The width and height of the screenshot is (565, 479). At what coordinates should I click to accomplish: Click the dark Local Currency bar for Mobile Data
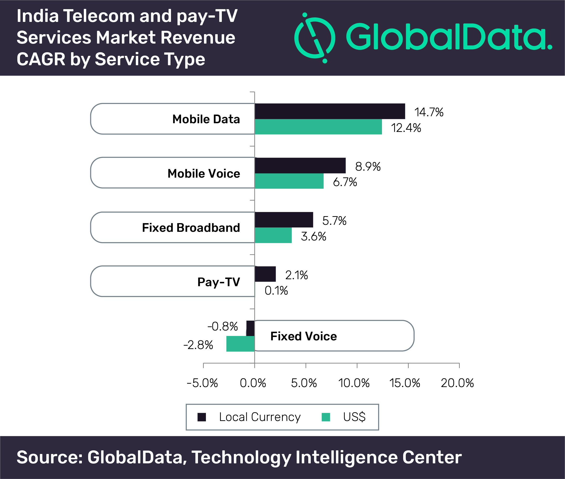pos(330,111)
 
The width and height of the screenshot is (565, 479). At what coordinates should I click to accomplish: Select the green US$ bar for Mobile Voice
pos(289,181)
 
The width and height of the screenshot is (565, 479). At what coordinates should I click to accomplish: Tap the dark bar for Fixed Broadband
pos(284,220)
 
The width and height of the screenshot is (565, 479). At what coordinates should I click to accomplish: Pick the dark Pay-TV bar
pos(265,274)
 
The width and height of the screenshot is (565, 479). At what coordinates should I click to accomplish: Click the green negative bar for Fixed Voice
pos(240,344)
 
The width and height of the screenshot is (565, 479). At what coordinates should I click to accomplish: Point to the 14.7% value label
pos(429,112)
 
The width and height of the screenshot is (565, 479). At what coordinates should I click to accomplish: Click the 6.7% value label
pos(345,182)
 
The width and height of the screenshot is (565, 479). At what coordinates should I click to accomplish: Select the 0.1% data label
pos(276,291)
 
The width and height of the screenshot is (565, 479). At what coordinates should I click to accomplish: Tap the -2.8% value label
pos(198,345)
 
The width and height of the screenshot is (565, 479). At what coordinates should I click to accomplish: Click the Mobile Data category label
pos(206,119)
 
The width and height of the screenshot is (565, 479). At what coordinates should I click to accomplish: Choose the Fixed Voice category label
pos(304,336)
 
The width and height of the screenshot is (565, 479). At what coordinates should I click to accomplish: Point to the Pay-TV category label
pos(219,282)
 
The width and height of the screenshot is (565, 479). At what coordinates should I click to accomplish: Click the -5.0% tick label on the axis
pos(202,383)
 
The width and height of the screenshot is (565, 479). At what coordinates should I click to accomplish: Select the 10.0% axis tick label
pos(354,383)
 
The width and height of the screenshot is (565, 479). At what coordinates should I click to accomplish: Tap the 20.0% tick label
pos(457,383)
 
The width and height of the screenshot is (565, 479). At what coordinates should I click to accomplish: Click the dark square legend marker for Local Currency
pos(202,417)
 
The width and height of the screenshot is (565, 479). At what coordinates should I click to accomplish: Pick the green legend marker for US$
pos(326,417)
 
